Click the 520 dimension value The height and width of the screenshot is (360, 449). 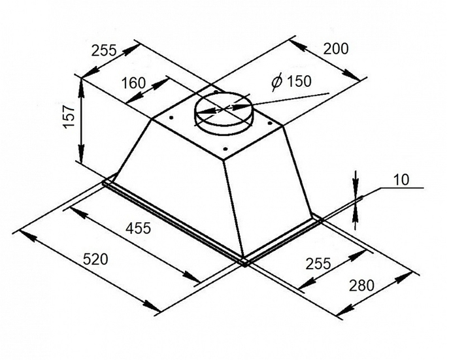pyautogui.click(x=95, y=259)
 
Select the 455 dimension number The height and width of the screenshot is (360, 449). pyautogui.click(x=139, y=228)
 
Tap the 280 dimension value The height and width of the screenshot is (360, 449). pyautogui.click(x=361, y=286)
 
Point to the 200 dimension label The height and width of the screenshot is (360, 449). pyautogui.click(x=336, y=48)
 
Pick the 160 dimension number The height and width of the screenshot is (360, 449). pyautogui.click(x=134, y=83)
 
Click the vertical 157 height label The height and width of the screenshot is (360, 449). pyautogui.click(x=69, y=117)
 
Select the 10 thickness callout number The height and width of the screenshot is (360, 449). pyautogui.click(x=401, y=180)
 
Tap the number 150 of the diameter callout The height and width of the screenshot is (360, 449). pyautogui.click(x=298, y=81)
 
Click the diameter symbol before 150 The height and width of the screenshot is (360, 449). pyautogui.click(x=277, y=82)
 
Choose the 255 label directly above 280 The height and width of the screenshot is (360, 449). pyautogui.click(x=318, y=263)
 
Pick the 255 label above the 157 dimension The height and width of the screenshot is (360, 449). pyautogui.click(x=104, y=51)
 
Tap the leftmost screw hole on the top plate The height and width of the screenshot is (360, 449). pyautogui.click(x=171, y=118)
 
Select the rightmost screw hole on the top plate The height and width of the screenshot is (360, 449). pyautogui.click(x=269, y=123)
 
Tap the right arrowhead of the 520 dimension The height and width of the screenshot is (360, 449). pyautogui.click(x=152, y=306)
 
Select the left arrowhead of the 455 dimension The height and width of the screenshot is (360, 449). pyautogui.click(x=76, y=212)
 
